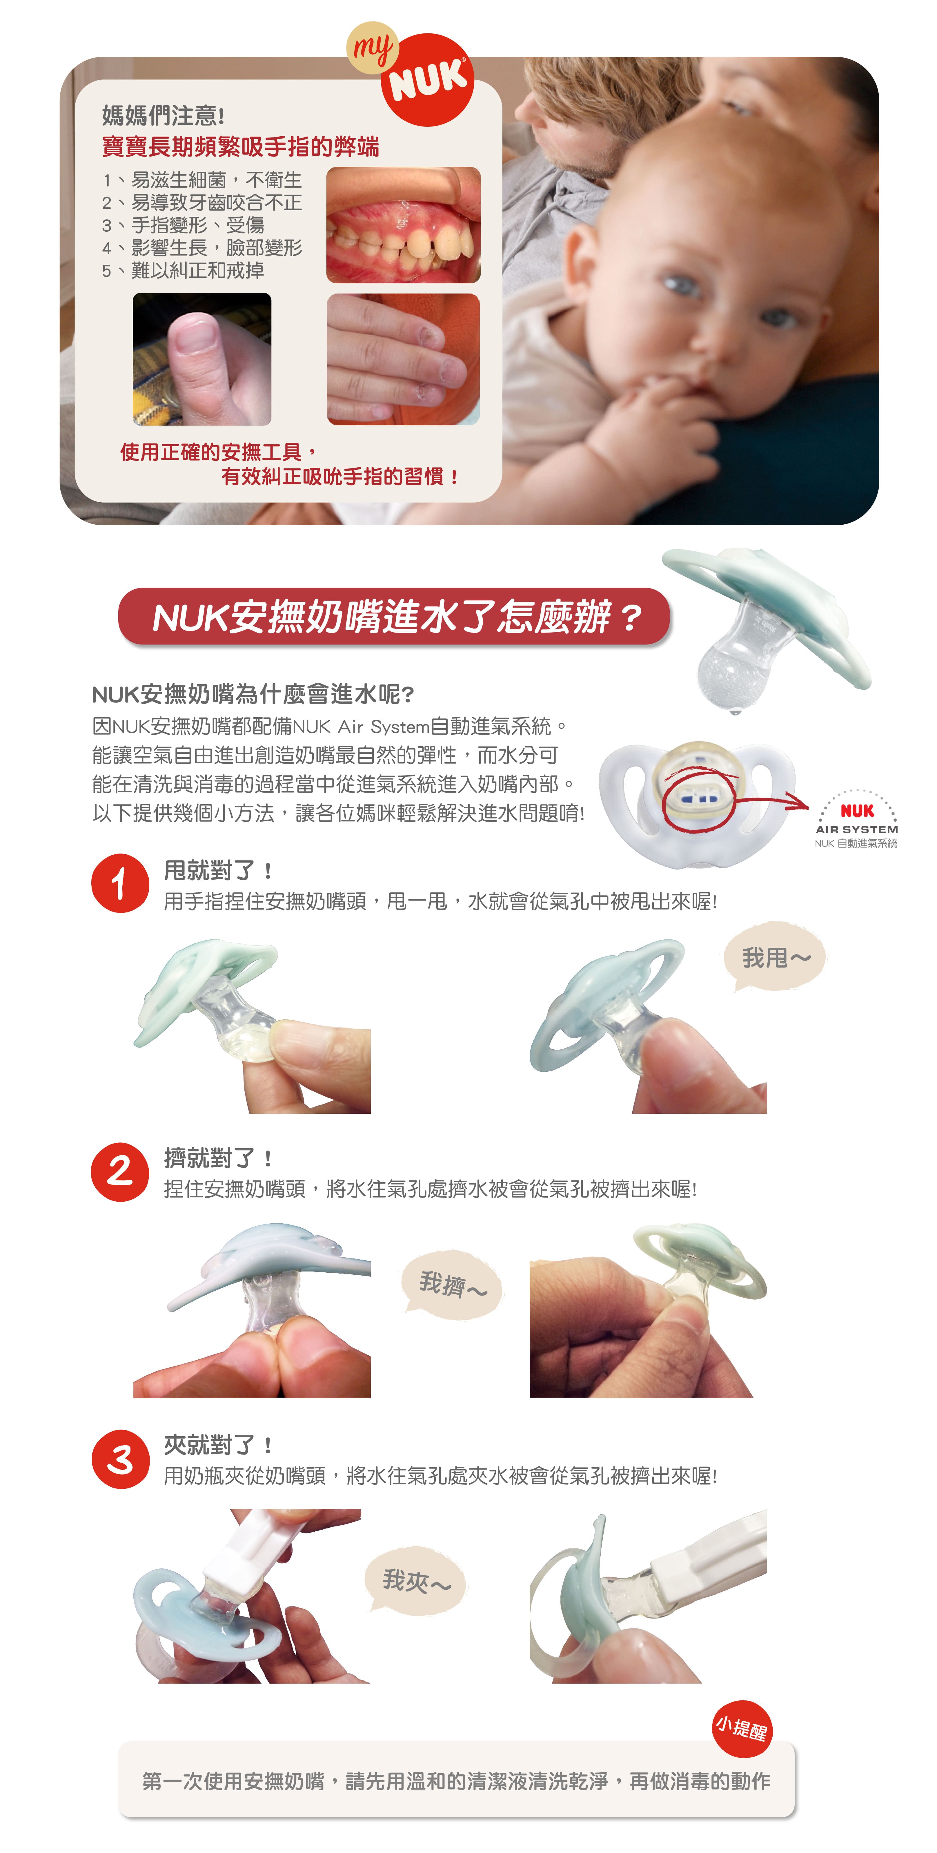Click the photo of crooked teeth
tap(404, 225)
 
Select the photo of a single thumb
tap(202, 359)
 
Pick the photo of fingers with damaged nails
tap(404, 359)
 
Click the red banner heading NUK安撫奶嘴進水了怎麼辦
tap(394, 617)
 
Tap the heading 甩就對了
tap(217, 870)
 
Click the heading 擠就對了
tap(217, 1158)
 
